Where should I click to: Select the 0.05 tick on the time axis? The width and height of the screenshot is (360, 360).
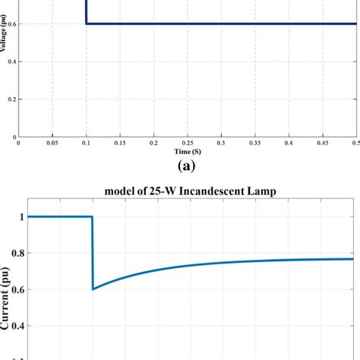[x=52, y=142]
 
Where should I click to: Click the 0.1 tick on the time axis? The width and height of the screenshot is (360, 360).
[x=86, y=142]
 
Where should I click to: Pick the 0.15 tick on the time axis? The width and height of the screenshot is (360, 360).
[x=120, y=142]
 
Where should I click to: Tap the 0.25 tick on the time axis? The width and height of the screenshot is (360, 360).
[x=188, y=142]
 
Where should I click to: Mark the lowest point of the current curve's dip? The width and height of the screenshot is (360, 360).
[x=93, y=289]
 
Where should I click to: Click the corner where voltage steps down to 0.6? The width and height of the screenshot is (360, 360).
[x=87, y=24]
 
